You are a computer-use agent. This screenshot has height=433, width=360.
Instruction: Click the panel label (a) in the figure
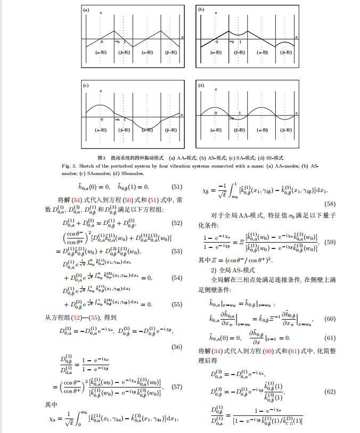[x=86, y=10]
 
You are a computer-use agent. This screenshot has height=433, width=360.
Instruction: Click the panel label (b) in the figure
[x=201, y=10]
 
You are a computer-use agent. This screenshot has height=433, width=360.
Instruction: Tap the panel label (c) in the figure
[x=85, y=85]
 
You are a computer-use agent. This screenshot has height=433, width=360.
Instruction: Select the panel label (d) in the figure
[x=201, y=85]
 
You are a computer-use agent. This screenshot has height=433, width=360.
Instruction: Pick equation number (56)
[x=176, y=347]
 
